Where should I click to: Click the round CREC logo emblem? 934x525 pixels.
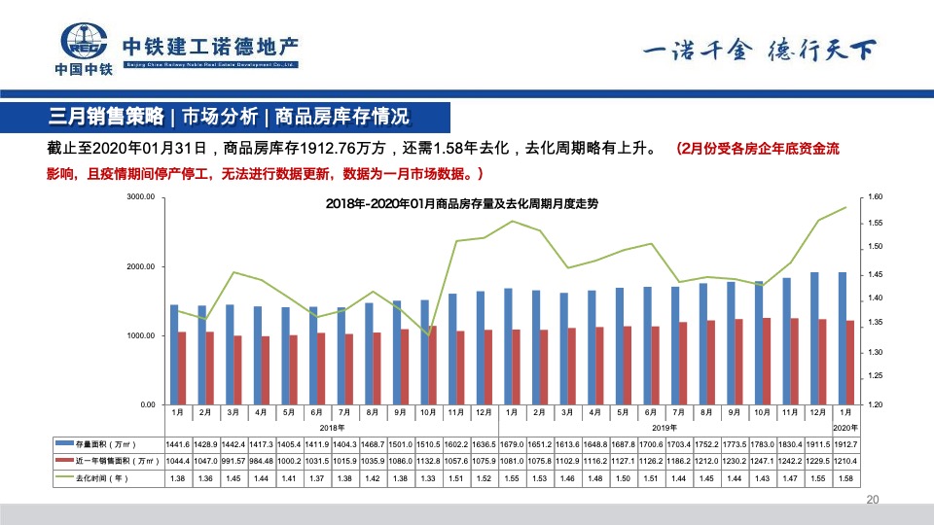pos(84,43)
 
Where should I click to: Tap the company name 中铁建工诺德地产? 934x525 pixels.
pos(210,47)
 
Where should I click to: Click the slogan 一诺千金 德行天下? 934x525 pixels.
pos(760,50)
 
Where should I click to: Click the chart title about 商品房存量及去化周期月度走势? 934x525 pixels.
pos(461,204)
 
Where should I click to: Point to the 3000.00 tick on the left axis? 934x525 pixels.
pos(142,197)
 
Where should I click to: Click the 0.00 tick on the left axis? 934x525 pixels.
pos(148,404)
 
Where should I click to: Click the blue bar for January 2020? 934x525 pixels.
pos(842,337)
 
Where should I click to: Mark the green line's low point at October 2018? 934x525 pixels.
pos(429,335)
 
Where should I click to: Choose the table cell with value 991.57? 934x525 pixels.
pos(233,461)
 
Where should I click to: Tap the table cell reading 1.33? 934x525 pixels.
pos(427,478)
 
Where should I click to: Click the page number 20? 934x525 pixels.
pos(872,500)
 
